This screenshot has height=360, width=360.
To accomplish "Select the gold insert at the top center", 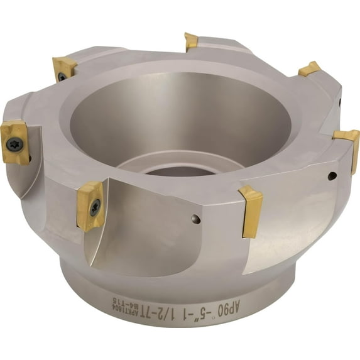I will pyautogui.click(x=191, y=41).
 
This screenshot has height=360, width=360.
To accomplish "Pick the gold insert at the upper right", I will pyautogui.click(x=309, y=68).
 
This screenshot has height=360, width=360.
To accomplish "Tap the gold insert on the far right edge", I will pyautogui.click(x=347, y=141).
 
